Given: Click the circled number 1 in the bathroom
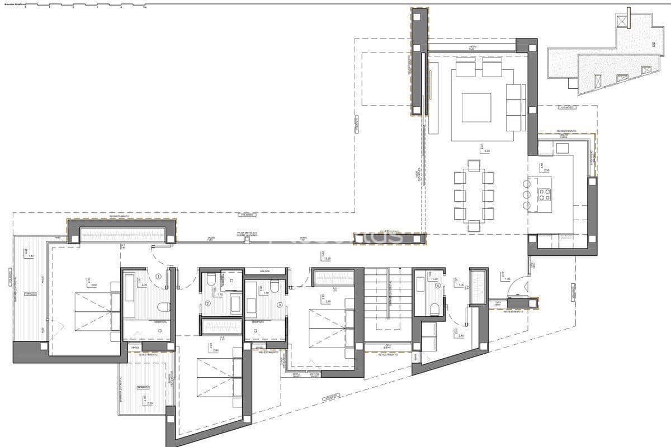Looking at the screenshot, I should point(159,276).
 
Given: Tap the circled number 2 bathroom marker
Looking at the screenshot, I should point(207,303).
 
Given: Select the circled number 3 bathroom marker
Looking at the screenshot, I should point(280,304).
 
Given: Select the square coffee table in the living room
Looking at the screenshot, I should point(476,107).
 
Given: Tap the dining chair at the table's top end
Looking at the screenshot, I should point(474,165).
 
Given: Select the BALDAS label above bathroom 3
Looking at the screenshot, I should point(265,271).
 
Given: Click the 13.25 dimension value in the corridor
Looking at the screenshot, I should point(323,259).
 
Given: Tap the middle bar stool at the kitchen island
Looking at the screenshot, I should point(527,194).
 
